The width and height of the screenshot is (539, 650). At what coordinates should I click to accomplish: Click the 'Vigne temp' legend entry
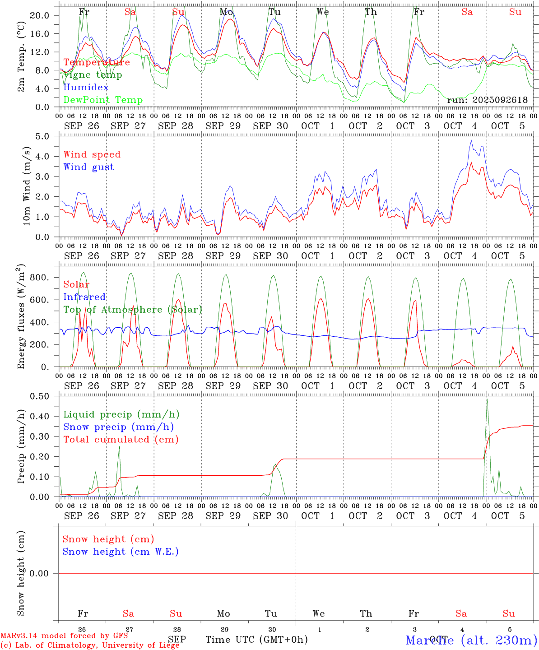point(93,75)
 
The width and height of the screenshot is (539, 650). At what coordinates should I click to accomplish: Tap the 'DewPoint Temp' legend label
point(103,100)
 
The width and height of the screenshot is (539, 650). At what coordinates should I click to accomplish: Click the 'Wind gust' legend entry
point(89,167)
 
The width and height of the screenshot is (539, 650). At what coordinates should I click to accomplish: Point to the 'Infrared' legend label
point(85,297)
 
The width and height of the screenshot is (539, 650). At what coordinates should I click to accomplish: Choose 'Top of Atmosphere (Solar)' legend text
point(133,310)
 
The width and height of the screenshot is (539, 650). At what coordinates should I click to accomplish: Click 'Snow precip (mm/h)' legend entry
point(119,427)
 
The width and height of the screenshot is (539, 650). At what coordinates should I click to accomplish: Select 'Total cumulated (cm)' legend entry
point(121,440)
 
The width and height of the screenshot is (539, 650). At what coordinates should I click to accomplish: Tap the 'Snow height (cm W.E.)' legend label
point(121,552)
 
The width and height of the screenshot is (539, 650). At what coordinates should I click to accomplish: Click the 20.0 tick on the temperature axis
point(39,15)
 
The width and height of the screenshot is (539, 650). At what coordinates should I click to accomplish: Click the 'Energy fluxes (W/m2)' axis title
point(21,317)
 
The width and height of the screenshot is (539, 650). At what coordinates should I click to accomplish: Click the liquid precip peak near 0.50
point(487,399)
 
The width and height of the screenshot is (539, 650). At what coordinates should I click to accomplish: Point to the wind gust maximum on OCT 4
point(471,140)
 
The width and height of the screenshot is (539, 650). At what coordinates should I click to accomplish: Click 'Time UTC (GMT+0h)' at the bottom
point(257,640)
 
